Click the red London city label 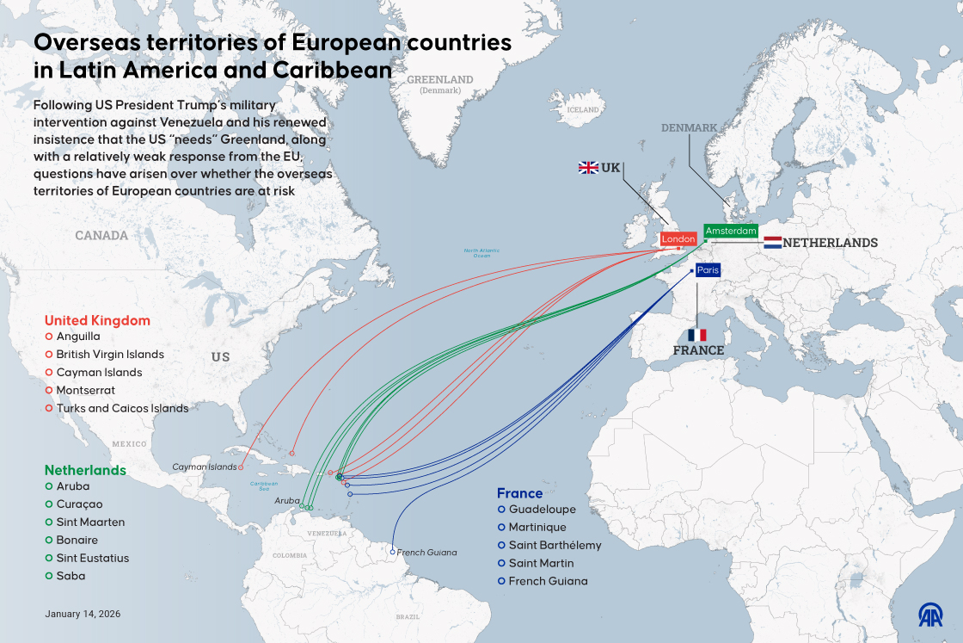pos(678,239)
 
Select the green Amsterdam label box pos(731,231)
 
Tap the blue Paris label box pos(708,270)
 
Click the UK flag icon pos(588,168)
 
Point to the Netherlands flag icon pos(772,243)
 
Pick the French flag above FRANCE pos(697,335)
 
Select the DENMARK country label pos(689,128)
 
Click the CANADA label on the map pos(101,236)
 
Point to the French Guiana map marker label pos(427,553)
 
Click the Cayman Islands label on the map pos(204,467)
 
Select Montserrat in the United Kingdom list pos(85,390)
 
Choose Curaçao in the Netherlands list pos(79,504)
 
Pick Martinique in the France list pos(537,528)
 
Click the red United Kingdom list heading pos(97,321)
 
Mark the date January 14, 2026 pos(83,615)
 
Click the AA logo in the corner pos(930,615)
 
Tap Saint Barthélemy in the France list pos(555,546)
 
